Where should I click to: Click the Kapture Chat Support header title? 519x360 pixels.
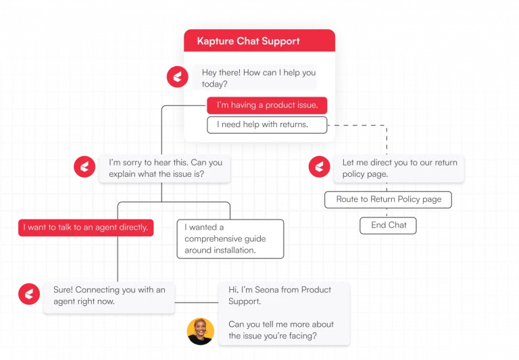tap(248, 41)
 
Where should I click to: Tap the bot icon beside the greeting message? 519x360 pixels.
tap(178, 77)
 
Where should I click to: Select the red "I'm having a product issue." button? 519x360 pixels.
tap(267, 105)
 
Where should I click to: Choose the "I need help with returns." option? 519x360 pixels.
tap(267, 125)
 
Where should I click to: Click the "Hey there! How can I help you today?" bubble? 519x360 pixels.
tap(254, 78)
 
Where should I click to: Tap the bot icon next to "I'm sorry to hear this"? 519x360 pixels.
tap(84, 166)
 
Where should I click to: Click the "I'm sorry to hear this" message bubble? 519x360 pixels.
tap(164, 168)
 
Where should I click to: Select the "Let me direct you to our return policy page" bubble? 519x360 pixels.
tap(399, 168)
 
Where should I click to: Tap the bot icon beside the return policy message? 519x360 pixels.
tap(319, 166)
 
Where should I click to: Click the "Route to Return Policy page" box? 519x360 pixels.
tap(389, 199)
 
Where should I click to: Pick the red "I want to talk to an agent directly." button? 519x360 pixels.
tap(86, 228)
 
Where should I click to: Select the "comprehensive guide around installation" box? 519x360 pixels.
tap(230, 239)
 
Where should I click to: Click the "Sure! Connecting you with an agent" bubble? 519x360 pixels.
tap(109, 297)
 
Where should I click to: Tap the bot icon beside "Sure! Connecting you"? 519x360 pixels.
tap(29, 294)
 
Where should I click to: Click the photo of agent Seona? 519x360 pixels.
tap(200, 331)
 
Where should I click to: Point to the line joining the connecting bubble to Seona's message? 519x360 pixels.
tap(196, 303)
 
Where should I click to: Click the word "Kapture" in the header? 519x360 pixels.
tap(216, 41)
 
